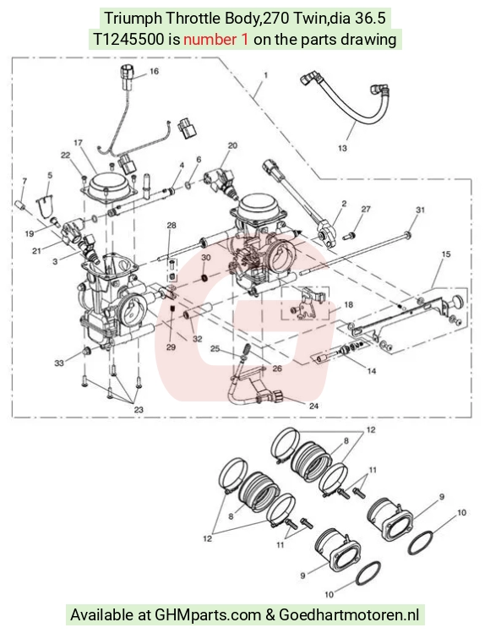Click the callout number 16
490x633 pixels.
click(x=155, y=72)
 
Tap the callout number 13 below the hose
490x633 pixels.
click(x=342, y=148)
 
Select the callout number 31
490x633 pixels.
click(x=421, y=210)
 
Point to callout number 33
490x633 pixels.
click(x=59, y=363)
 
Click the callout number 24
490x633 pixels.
click(x=313, y=407)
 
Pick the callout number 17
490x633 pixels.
click(x=78, y=143)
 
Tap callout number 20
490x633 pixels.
click(x=233, y=145)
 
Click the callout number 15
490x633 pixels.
click(x=446, y=254)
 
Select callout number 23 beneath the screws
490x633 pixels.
click(x=139, y=410)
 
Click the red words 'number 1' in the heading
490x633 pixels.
click(x=216, y=40)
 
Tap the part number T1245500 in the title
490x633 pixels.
click(x=128, y=40)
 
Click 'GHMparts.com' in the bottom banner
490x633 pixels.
click(x=208, y=615)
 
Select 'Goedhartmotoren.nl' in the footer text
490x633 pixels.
click(x=349, y=615)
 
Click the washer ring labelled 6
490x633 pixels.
click(x=189, y=185)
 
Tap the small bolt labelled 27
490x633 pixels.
click(x=350, y=236)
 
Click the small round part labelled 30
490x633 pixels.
click(x=205, y=278)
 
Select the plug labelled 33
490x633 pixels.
click(x=86, y=352)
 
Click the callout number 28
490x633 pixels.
click(x=171, y=226)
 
